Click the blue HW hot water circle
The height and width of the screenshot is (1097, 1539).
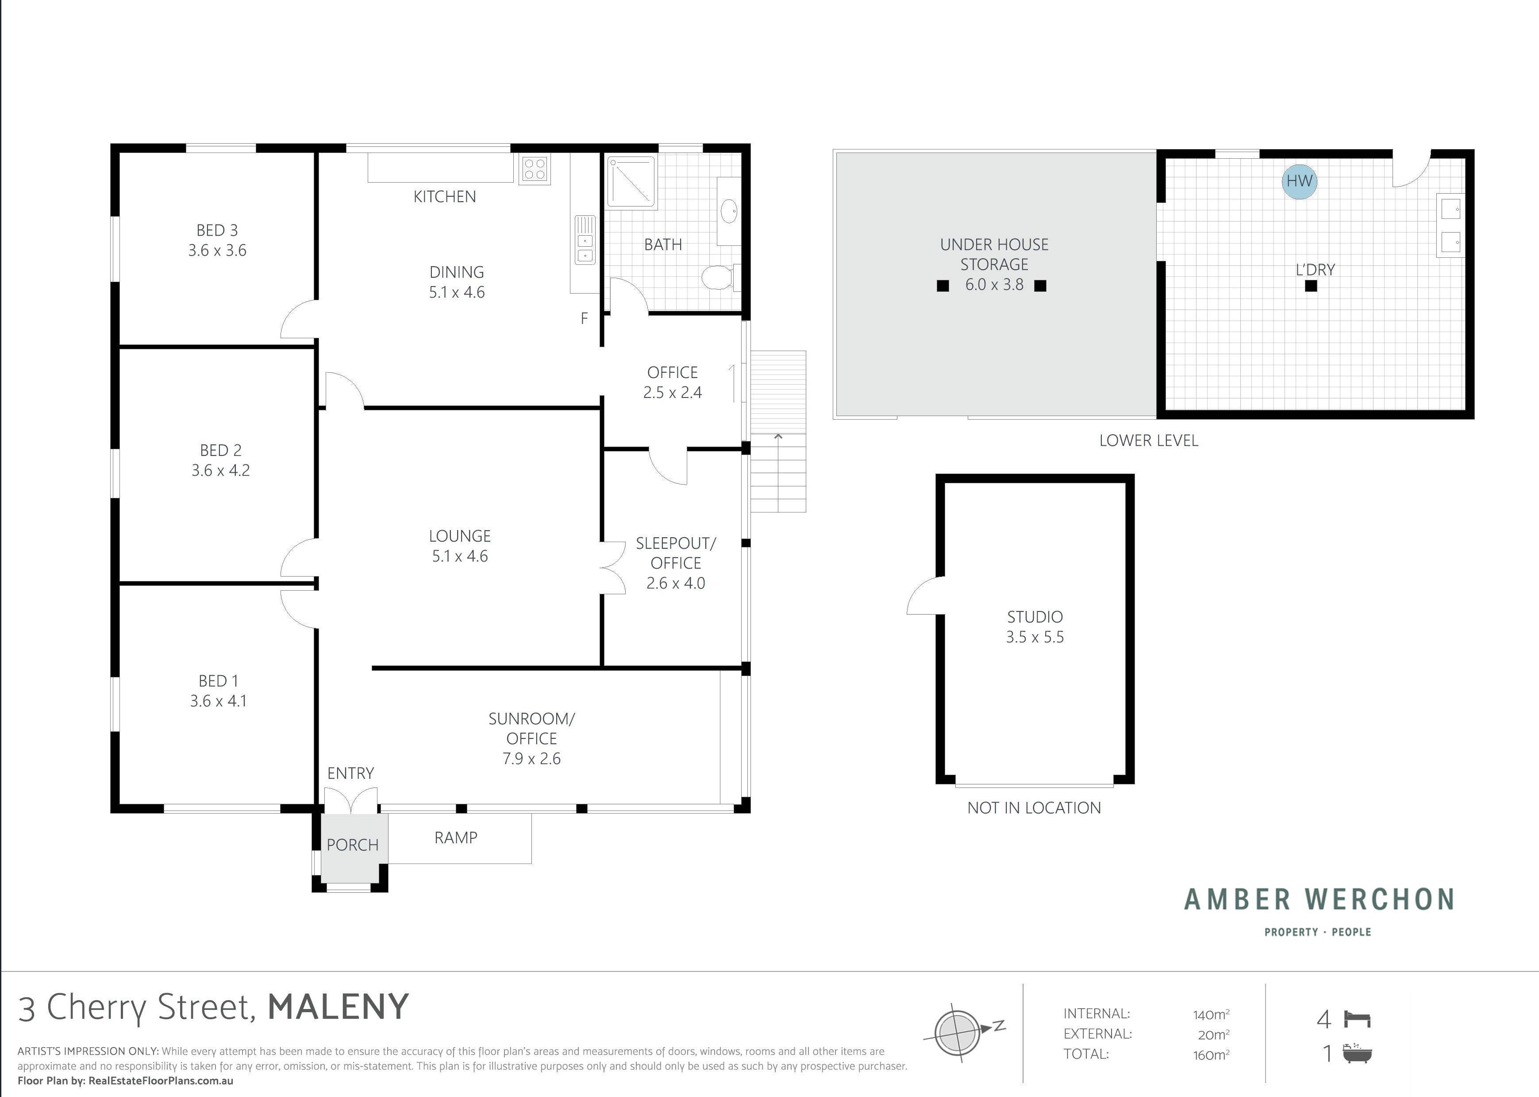point(1299,181)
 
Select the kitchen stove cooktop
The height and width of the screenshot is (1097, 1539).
point(535,169)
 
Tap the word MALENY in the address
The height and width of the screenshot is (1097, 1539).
point(339,1006)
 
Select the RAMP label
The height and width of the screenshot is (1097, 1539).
point(456,837)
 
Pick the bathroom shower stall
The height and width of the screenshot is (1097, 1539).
point(631,181)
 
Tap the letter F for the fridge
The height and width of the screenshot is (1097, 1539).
point(585,318)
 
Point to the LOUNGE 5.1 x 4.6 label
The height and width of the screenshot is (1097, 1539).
point(460,546)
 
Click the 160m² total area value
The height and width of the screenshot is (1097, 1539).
point(1211,1055)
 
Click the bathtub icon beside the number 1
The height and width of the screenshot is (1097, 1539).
point(1357,1053)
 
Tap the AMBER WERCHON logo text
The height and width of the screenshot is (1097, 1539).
point(1320,899)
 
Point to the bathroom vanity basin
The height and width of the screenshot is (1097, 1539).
point(729,211)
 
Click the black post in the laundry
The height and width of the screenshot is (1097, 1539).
point(1311,286)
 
